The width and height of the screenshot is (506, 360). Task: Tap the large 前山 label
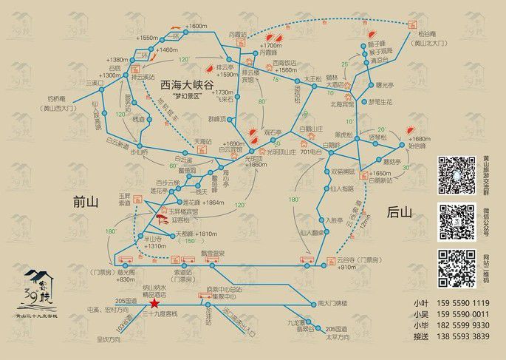click(x=88, y=200)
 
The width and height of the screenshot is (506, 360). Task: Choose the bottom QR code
click(x=456, y=268)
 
